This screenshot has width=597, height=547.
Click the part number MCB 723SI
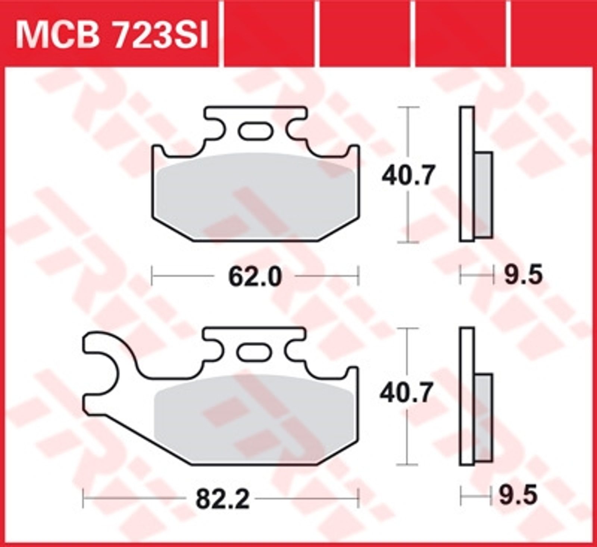click(x=111, y=34)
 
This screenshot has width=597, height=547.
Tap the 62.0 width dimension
click(x=255, y=277)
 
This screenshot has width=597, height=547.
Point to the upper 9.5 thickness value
click(x=523, y=276)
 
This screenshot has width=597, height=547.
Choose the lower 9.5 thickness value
click(x=519, y=496)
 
